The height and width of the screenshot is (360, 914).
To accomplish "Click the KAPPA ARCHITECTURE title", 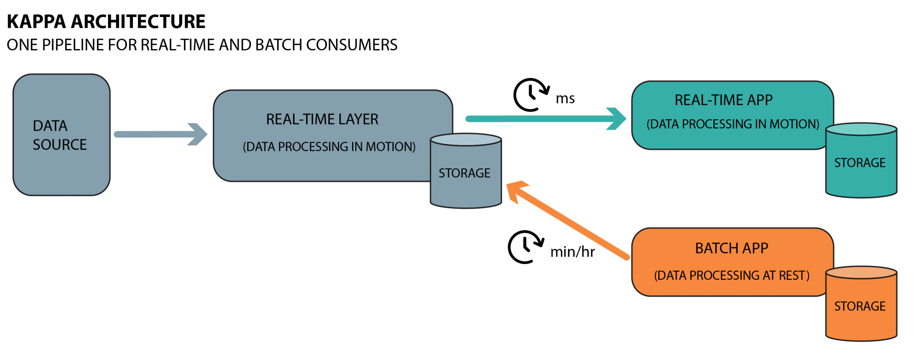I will (106, 21).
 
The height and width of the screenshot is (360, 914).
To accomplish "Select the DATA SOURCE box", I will (61, 135).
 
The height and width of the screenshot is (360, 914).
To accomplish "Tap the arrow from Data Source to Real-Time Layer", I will (161, 134).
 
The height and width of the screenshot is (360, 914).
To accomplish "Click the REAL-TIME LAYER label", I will (322, 119).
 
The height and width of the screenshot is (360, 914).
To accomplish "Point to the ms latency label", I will (565, 98).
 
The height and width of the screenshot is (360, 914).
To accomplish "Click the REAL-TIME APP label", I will (723, 100).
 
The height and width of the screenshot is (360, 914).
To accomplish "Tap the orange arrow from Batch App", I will (571, 221).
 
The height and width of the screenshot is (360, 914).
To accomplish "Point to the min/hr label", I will (572, 252).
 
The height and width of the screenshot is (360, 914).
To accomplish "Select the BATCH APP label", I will (731, 248).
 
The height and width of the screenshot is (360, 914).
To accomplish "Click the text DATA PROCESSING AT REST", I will (731, 275).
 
